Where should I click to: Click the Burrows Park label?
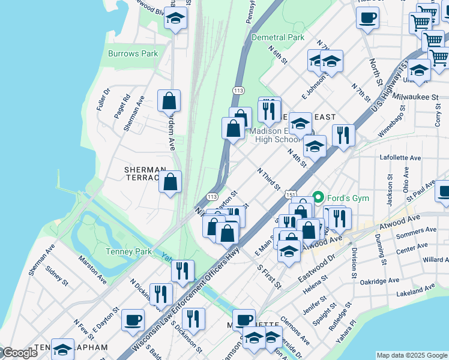133,53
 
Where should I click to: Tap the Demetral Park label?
278,37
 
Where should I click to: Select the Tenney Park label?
128,251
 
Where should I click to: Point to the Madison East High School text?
274,135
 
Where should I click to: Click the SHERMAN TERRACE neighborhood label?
144,173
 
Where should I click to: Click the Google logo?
19,353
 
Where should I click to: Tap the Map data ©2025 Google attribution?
411,355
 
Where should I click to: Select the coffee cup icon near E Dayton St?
133,320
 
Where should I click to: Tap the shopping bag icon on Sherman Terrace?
170,182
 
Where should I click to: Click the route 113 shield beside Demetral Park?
238,90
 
